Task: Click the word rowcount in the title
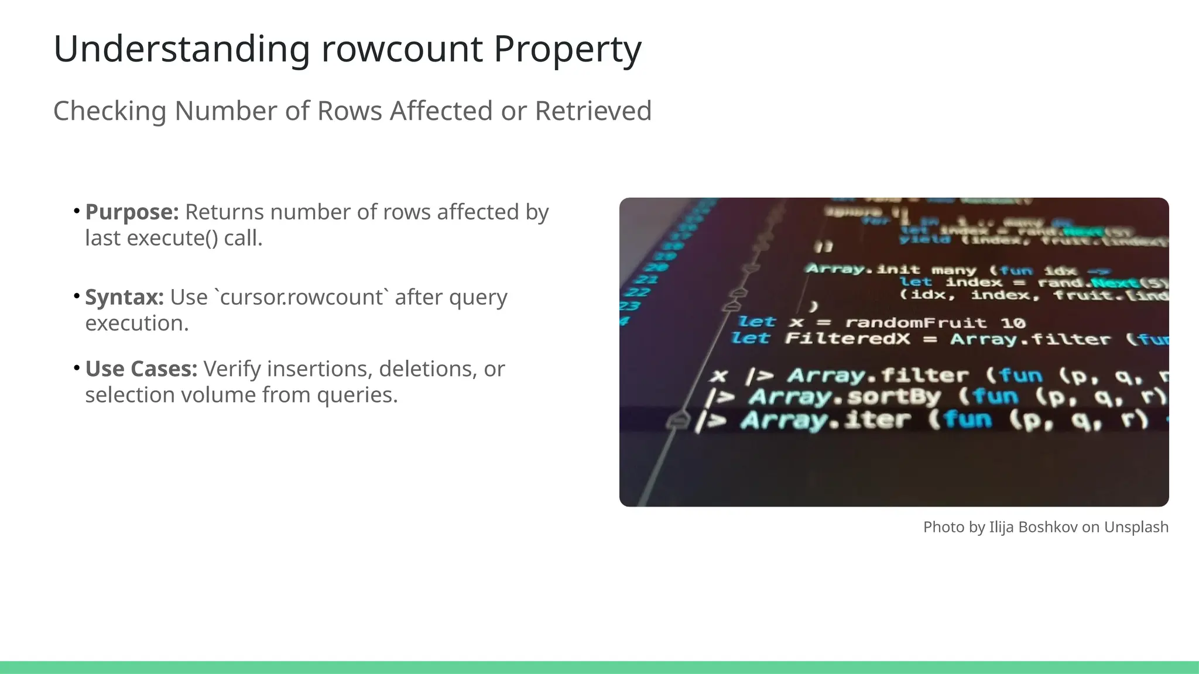tap(402, 49)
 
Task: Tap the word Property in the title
tap(567, 49)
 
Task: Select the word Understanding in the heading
tap(181, 49)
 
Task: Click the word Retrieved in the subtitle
tap(592, 111)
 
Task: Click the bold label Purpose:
tap(132, 212)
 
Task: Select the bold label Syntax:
tap(124, 297)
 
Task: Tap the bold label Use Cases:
tap(141, 369)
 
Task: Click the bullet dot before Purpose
tap(77, 210)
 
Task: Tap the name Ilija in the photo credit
tap(1001, 527)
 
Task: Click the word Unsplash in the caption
tap(1136, 527)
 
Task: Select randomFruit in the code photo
tap(916, 323)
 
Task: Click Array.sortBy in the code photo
tap(844, 397)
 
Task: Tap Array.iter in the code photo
tap(825, 420)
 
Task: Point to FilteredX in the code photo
tap(847, 339)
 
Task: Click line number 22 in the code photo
tap(638, 292)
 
